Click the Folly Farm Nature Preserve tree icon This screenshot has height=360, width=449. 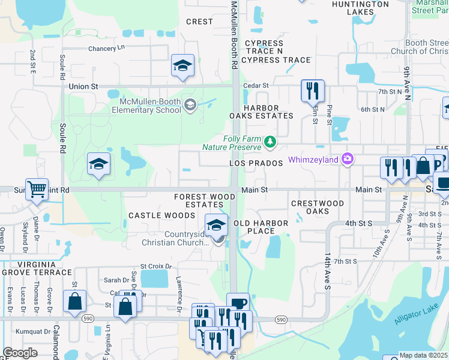tap(270, 142)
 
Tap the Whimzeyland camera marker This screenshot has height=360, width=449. tap(347, 159)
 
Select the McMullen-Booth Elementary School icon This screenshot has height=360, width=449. tap(190, 106)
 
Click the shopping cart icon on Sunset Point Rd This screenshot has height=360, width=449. tap(37, 190)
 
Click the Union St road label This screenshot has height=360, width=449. tap(83, 86)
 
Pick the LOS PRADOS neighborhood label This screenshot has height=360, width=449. tap(256, 163)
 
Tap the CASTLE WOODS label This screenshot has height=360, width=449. tap(154, 215)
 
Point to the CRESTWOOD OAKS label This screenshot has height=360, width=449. tap(318, 208)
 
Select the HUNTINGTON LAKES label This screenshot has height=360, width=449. tap(360, 8)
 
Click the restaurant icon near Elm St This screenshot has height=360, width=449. tap(312, 91)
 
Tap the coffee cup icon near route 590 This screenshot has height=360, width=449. tap(238, 303)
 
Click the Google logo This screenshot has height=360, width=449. tap(20, 353)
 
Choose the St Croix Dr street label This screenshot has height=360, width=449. tap(156, 266)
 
